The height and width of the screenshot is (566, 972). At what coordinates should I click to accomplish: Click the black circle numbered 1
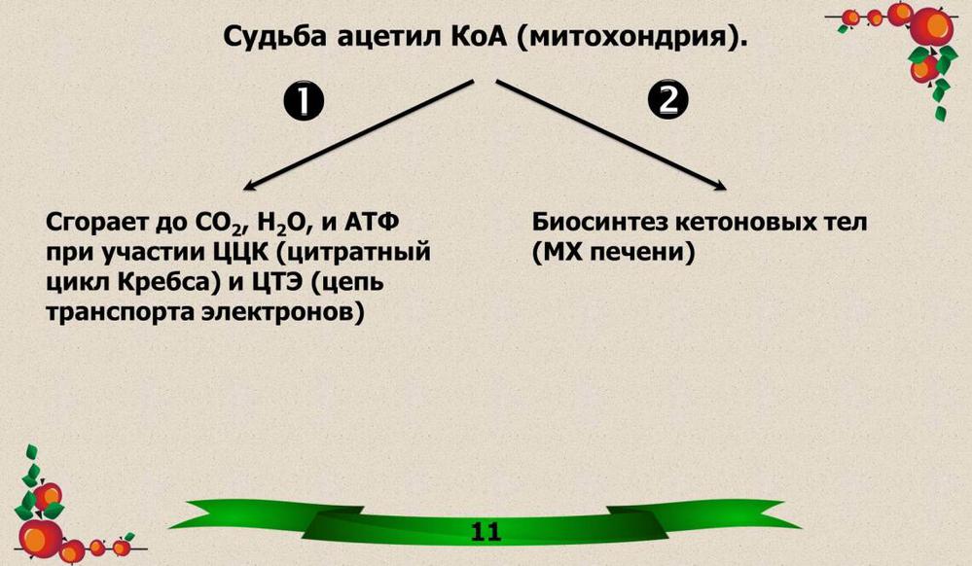click(x=304, y=101)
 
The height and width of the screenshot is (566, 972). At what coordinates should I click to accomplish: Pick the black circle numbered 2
click(x=668, y=99)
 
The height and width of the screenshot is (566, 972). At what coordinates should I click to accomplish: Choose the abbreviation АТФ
click(x=371, y=222)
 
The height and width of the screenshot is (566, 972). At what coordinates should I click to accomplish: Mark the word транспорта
click(x=121, y=313)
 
